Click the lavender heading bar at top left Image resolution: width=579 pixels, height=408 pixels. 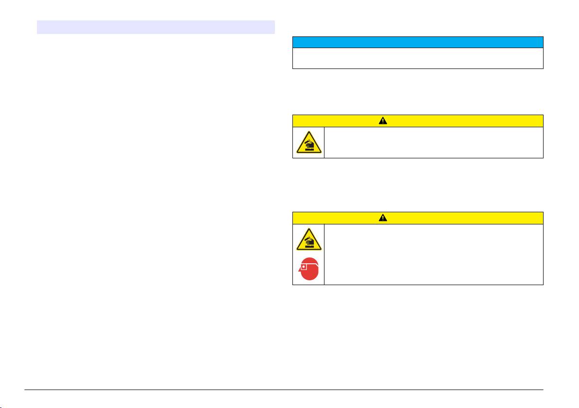[x=156, y=27]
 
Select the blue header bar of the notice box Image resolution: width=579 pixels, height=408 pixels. [x=417, y=42]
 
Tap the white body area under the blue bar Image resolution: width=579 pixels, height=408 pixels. [x=417, y=58]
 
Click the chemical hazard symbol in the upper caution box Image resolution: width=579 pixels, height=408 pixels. [x=308, y=142]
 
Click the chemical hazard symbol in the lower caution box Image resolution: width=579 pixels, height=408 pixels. [x=308, y=239]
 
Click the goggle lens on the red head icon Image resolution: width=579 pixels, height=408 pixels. [x=304, y=266]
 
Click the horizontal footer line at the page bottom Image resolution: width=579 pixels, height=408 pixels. [x=289, y=390]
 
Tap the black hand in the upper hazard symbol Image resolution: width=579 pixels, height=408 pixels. [x=310, y=141]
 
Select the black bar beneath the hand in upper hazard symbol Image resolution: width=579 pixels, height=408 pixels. [x=308, y=148]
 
